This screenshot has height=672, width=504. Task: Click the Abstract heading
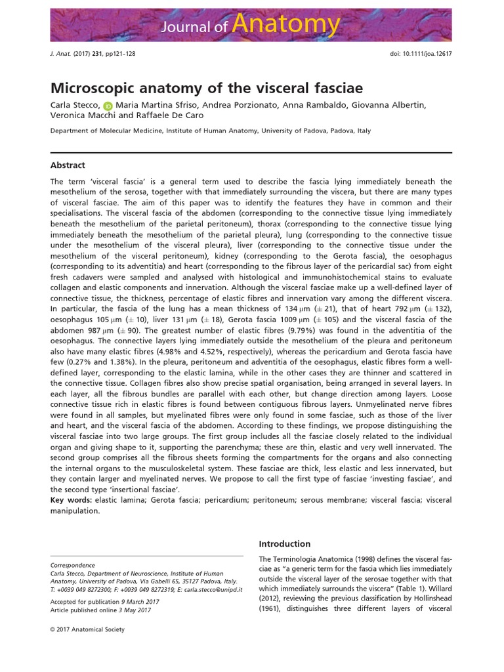[x=68, y=165]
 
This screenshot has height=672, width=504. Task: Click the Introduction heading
[x=285, y=543]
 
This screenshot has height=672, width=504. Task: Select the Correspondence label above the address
[x=73, y=564]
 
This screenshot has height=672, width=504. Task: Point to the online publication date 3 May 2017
[x=136, y=610]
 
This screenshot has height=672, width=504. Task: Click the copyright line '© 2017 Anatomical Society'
[x=87, y=629]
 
